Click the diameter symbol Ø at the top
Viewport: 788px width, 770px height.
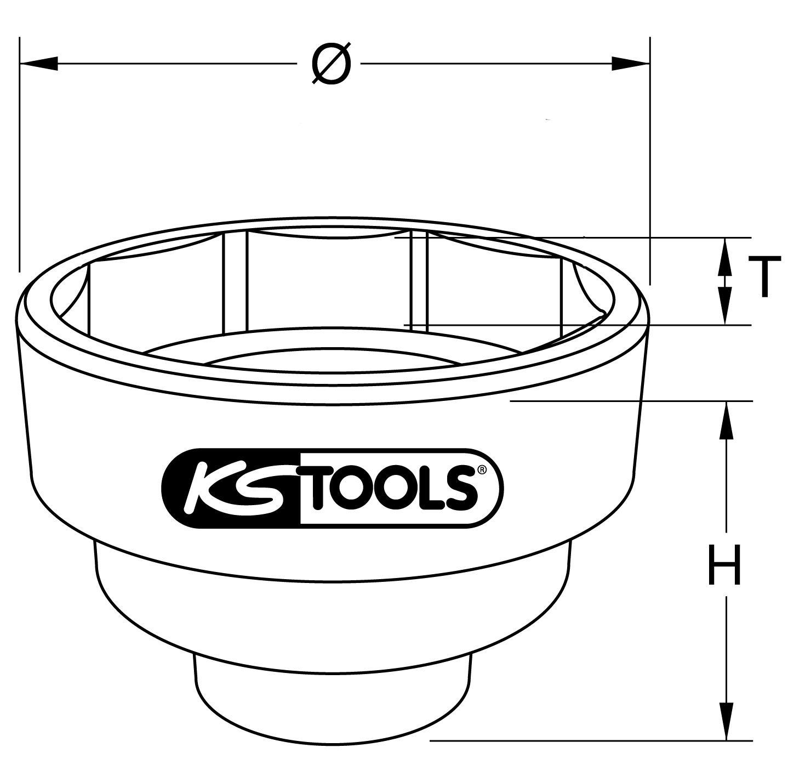tap(331, 63)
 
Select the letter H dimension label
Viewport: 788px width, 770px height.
tap(724, 564)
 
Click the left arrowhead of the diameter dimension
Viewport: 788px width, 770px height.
tap(38, 63)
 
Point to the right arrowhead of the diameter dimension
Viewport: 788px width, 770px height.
tap(631, 63)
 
